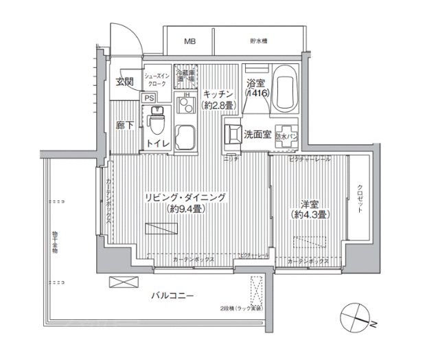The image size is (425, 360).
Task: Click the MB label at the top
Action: coord(189,41)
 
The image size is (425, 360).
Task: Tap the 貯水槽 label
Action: coord(258,41)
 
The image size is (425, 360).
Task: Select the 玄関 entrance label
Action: coord(124,81)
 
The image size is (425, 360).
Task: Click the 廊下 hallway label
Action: coord(124,126)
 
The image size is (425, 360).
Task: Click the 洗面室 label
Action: coord(257,134)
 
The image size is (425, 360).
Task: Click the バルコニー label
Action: coord(174,296)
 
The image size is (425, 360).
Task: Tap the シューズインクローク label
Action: coord(157,78)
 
